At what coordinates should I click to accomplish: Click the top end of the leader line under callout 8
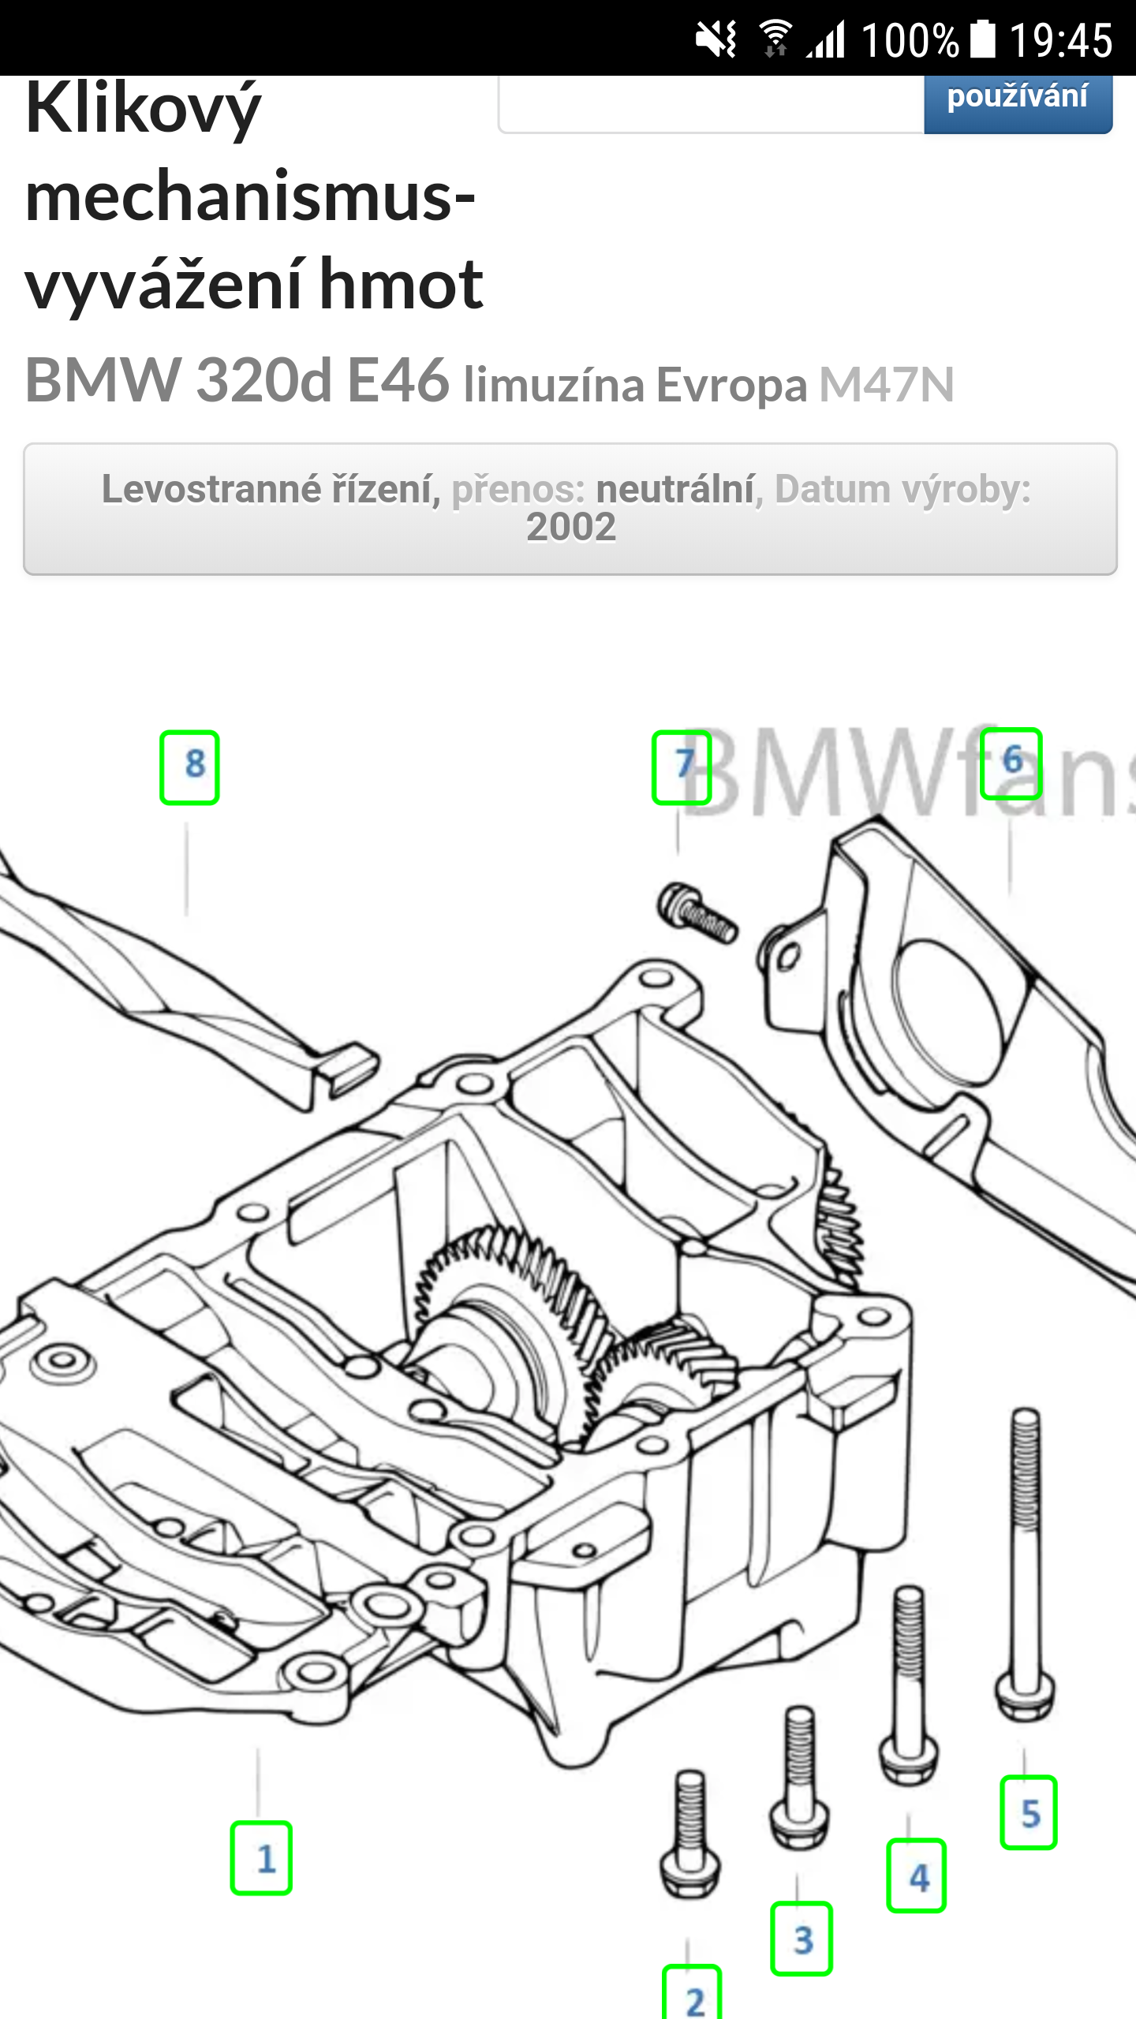(187, 824)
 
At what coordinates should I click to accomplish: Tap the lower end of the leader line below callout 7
(678, 855)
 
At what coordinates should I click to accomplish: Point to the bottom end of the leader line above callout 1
(258, 1814)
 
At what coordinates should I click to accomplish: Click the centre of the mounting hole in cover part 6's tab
(787, 957)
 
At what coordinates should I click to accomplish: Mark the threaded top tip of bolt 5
(1025, 1412)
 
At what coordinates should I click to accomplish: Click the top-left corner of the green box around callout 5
(1002, 1778)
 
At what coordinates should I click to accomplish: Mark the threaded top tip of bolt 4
(910, 1589)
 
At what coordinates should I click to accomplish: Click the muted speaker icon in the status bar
(716, 39)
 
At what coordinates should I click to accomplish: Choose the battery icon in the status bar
(983, 39)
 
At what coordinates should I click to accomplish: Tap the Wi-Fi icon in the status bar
(775, 39)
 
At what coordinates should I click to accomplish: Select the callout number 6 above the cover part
(1012, 761)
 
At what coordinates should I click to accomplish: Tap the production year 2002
(571, 528)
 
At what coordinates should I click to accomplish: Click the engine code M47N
(886, 385)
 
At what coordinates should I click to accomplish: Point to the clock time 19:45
(1061, 39)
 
